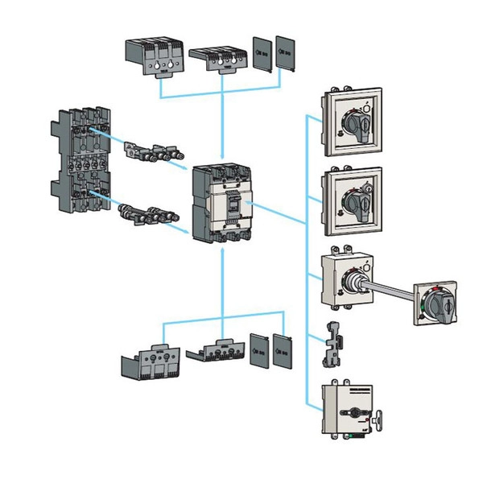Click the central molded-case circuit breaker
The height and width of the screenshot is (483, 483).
pyautogui.click(x=222, y=204)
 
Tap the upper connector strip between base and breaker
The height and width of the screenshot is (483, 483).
pyautogui.click(x=155, y=151)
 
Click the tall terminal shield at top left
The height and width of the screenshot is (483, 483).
pyautogui.click(x=155, y=58)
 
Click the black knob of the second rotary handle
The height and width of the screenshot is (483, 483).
pyautogui.click(x=357, y=198)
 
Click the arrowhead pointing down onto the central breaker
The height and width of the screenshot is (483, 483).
pyautogui.click(x=222, y=158)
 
